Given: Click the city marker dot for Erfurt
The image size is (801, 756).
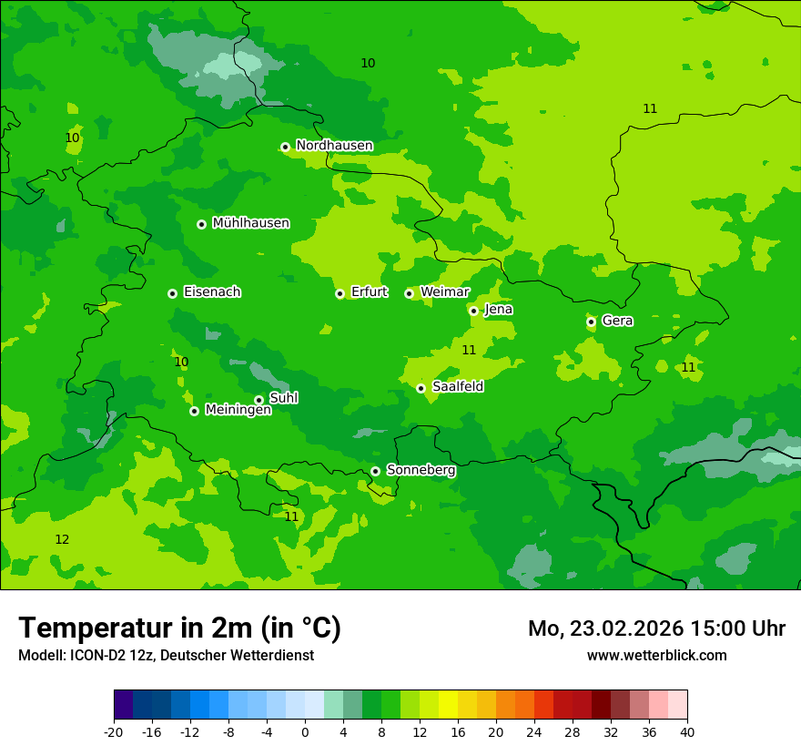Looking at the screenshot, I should [x=340, y=293].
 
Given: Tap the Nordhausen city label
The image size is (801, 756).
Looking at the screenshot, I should [x=334, y=146].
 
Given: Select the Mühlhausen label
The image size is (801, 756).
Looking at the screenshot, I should [x=250, y=223].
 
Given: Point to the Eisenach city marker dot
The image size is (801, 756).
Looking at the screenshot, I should [x=172, y=293].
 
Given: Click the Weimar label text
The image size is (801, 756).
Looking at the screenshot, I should [x=444, y=292].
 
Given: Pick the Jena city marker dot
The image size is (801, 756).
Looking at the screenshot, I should [x=473, y=311].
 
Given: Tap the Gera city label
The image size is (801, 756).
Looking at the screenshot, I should [x=617, y=321].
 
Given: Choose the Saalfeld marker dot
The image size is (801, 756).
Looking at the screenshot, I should [x=421, y=388].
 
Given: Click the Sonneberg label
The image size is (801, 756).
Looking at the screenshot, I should [x=421, y=470].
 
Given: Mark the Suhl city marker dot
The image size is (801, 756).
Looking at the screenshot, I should [x=259, y=400].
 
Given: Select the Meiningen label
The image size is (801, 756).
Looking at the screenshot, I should [x=238, y=410].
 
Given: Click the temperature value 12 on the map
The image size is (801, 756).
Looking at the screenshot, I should [x=62, y=540].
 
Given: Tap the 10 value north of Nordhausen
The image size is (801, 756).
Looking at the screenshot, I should [x=368, y=64].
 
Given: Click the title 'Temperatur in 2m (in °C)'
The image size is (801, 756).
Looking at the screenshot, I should [x=179, y=628].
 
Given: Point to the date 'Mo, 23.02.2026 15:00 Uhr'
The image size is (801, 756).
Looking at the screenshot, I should [x=656, y=628].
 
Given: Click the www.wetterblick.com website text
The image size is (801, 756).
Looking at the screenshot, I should [x=656, y=655].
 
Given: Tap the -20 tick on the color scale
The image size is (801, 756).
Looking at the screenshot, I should [x=114, y=731].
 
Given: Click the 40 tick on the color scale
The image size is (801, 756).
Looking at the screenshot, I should [x=686, y=731].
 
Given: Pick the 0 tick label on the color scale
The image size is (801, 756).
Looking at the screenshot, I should [x=305, y=731].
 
